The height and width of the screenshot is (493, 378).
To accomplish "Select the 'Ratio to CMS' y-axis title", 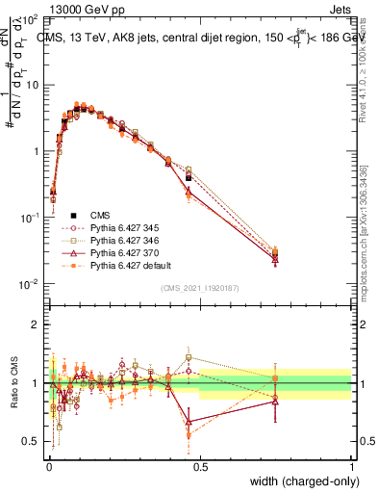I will point(13,383).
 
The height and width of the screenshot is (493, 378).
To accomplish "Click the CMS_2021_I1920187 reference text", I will point(199,288).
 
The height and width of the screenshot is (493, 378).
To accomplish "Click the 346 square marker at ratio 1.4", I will point(189,357).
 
